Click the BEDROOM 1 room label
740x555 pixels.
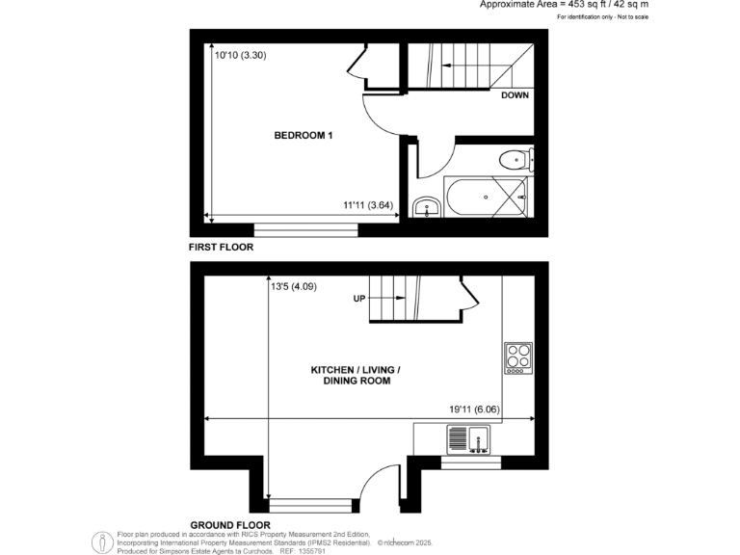pyautogui.click(x=304, y=136)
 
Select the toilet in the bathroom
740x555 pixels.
pyautogui.click(x=513, y=159)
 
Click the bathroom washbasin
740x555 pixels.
pyautogui.click(x=426, y=207)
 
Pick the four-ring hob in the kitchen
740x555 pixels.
pyautogui.click(x=517, y=358)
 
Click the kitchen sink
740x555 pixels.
pyautogui.click(x=468, y=440)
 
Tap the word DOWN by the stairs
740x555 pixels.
pyautogui.click(x=515, y=95)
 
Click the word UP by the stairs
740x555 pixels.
pyautogui.click(x=359, y=299)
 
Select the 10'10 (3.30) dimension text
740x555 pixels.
pyautogui.click(x=240, y=55)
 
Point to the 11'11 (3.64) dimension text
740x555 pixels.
pyautogui.click(x=368, y=205)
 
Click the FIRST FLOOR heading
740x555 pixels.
pyautogui.click(x=222, y=248)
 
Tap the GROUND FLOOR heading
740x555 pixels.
pyautogui.click(x=228, y=524)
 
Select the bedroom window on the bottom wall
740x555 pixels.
pyautogui.click(x=305, y=230)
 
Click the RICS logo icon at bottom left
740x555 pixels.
pyautogui.click(x=101, y=542)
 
